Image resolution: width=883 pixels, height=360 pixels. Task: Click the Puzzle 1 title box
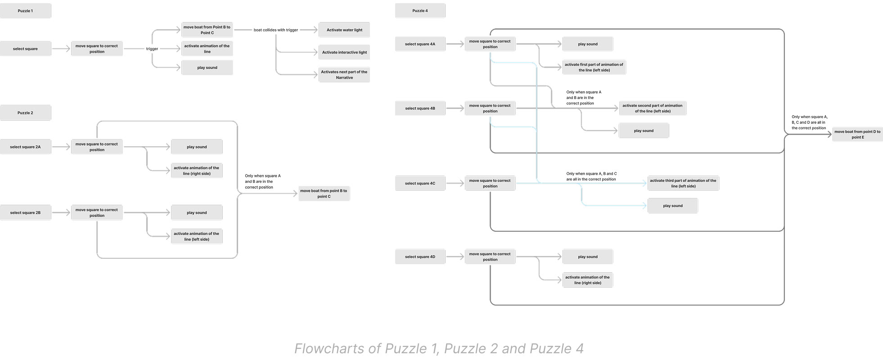click(x=25, y=11)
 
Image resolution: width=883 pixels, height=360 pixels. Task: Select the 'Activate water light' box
click(x=344, y=30)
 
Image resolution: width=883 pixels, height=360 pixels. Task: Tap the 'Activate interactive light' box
click(x=344, y=52)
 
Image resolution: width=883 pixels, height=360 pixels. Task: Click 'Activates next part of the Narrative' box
click(x=344, y=75)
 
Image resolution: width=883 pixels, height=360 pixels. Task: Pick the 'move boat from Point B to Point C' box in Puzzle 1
click(x=207, y=30)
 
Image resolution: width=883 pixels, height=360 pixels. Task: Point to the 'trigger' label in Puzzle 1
click(x=152, y=49)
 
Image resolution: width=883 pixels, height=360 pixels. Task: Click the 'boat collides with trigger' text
click(x=276, y=30)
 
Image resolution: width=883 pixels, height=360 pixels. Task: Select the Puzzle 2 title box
click(x=25, y=113)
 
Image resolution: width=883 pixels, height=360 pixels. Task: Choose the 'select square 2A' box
click(x=25, y=147)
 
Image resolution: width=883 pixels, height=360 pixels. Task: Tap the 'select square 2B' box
click(x=25, y=213)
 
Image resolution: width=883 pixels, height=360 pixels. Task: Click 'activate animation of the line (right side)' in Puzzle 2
click(x=197, y=171)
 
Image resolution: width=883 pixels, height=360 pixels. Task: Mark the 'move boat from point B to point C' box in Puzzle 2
click(x=324, y=193)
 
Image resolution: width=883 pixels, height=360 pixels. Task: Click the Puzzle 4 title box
click(x=420, y=11)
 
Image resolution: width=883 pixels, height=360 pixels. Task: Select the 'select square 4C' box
click(x=420, y=184)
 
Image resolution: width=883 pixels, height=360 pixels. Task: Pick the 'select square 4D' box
click(x=420, y=257)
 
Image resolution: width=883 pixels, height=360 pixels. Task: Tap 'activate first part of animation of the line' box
click(x=594, y=67)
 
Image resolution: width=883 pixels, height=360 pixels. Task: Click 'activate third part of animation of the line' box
click(x=683, y=183)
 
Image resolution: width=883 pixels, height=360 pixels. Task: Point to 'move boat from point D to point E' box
click(x=857, y=135)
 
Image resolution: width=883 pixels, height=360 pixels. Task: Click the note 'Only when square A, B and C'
click(x=591, y=176)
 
